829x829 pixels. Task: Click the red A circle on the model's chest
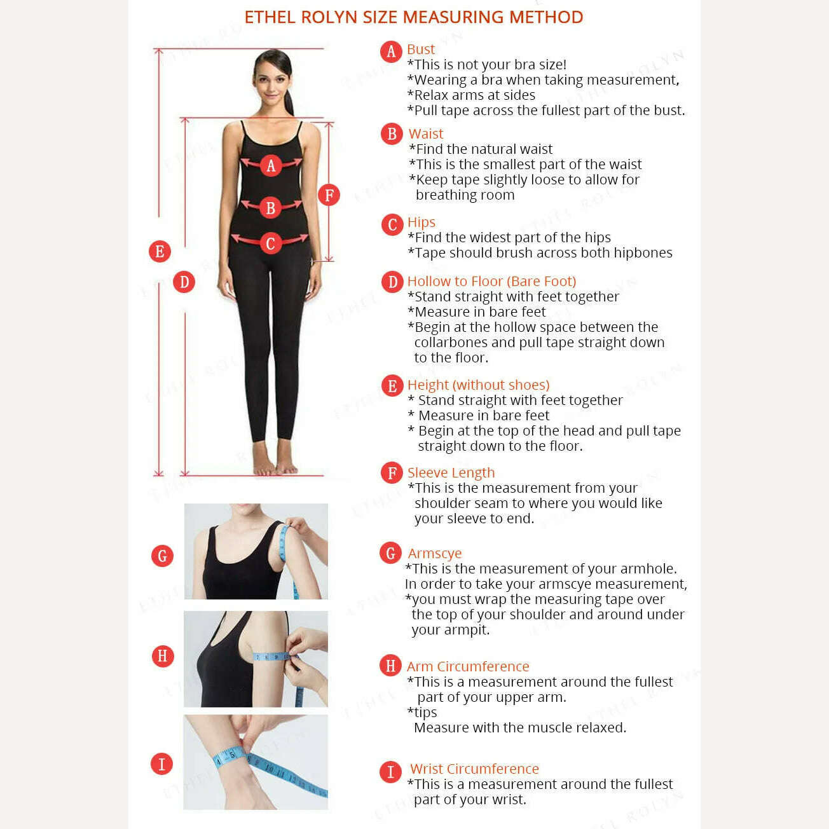coord(271,165)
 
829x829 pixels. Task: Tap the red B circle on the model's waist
coord(271,207)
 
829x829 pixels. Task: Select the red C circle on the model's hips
coord(271,243)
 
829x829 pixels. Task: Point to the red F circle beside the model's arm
coord(329,195)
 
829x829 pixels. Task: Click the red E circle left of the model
coord(160,251)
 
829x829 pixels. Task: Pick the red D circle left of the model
coord(184,282)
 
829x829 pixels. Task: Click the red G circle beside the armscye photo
coord(162,556)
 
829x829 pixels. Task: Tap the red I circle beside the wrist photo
coord(161,764)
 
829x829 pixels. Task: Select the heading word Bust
coord(420,49)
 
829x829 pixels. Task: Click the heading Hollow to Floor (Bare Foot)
coord(491,281)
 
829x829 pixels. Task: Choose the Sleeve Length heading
coord(451,472)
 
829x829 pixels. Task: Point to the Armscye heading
coord(434,553)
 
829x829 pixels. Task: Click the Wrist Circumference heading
coord(474,768)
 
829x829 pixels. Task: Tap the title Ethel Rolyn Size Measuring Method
coord(414,17)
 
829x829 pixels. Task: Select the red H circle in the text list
coord(390,665)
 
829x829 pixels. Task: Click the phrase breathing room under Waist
coord(465,195)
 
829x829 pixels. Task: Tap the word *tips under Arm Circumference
coord(422,713)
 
